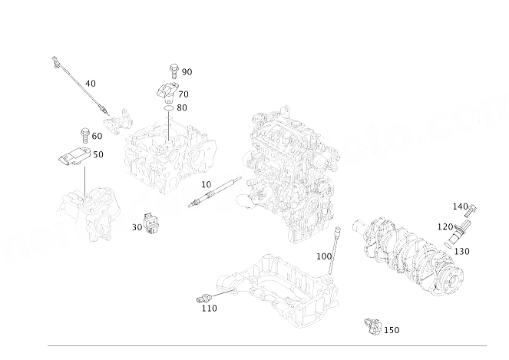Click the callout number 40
coord(90,83)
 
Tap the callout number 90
coord(187,71)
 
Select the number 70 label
coord(183,94)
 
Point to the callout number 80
coord(182,107)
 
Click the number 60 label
coord(97,136)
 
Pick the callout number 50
coord(98,154)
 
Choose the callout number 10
coord(206,185)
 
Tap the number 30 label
coord(137,226)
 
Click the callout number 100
coord(323,256)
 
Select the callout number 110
coord(208,308)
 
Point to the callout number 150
coord(391,330)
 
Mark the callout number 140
coord(459,206)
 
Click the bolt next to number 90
coord(174,71)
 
